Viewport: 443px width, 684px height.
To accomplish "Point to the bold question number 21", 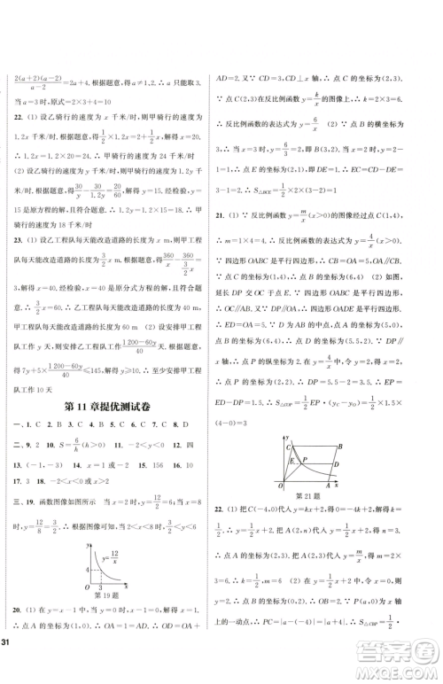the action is pyautogui.click(x=235, y=218).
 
